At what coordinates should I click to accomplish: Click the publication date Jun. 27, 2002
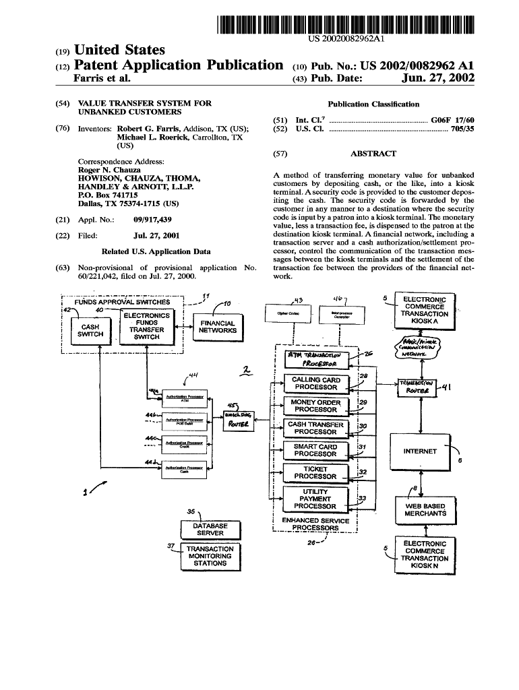tap(437, 79)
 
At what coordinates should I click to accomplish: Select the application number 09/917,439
tap(153, 220)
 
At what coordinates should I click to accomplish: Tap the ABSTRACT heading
tap(373, 154)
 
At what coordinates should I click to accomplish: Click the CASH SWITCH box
tap(90, 330)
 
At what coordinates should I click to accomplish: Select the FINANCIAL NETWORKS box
tap(218, 327)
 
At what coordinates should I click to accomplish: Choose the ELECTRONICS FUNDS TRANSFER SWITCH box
tap(146, 326)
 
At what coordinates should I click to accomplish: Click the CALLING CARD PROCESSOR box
tap(315, 383)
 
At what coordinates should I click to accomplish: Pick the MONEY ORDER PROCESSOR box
tap(315, 406)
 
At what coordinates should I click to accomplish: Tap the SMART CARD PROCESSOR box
tap(315, 450)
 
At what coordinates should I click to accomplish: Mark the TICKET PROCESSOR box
tap(315, 472)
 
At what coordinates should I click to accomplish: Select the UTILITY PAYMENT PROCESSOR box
tap(315, 499)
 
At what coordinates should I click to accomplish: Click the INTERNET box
tap(420, 451)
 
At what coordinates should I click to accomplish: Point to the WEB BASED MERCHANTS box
tap(425, 509)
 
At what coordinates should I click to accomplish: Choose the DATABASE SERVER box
tap(210, 529)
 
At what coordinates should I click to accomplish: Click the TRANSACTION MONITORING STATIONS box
tap(210, 556)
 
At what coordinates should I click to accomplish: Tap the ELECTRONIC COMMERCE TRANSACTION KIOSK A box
tap(425, 310)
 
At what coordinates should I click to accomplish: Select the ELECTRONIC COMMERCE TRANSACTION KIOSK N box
tap(425, 555)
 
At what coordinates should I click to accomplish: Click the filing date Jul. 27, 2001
tap(156, 236)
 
